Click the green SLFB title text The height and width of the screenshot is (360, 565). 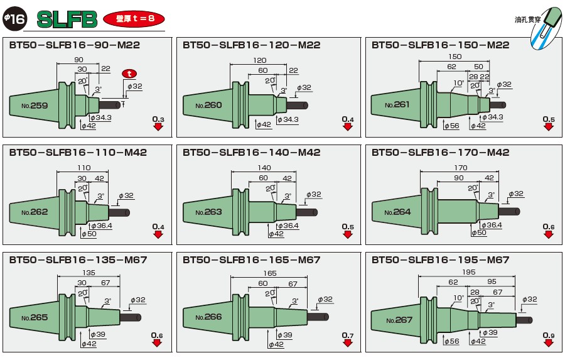point(67,19)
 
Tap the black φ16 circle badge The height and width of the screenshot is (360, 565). point(14,19)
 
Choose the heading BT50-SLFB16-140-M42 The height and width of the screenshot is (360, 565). point(252,153)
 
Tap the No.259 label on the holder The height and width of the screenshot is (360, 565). point(34,106)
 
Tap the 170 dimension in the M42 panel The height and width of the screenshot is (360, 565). point(460,168)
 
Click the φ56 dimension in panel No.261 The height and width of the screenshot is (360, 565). point(452,126)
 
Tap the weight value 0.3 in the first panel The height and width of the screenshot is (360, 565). point(158,119)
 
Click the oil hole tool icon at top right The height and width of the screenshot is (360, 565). point(542,25)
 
